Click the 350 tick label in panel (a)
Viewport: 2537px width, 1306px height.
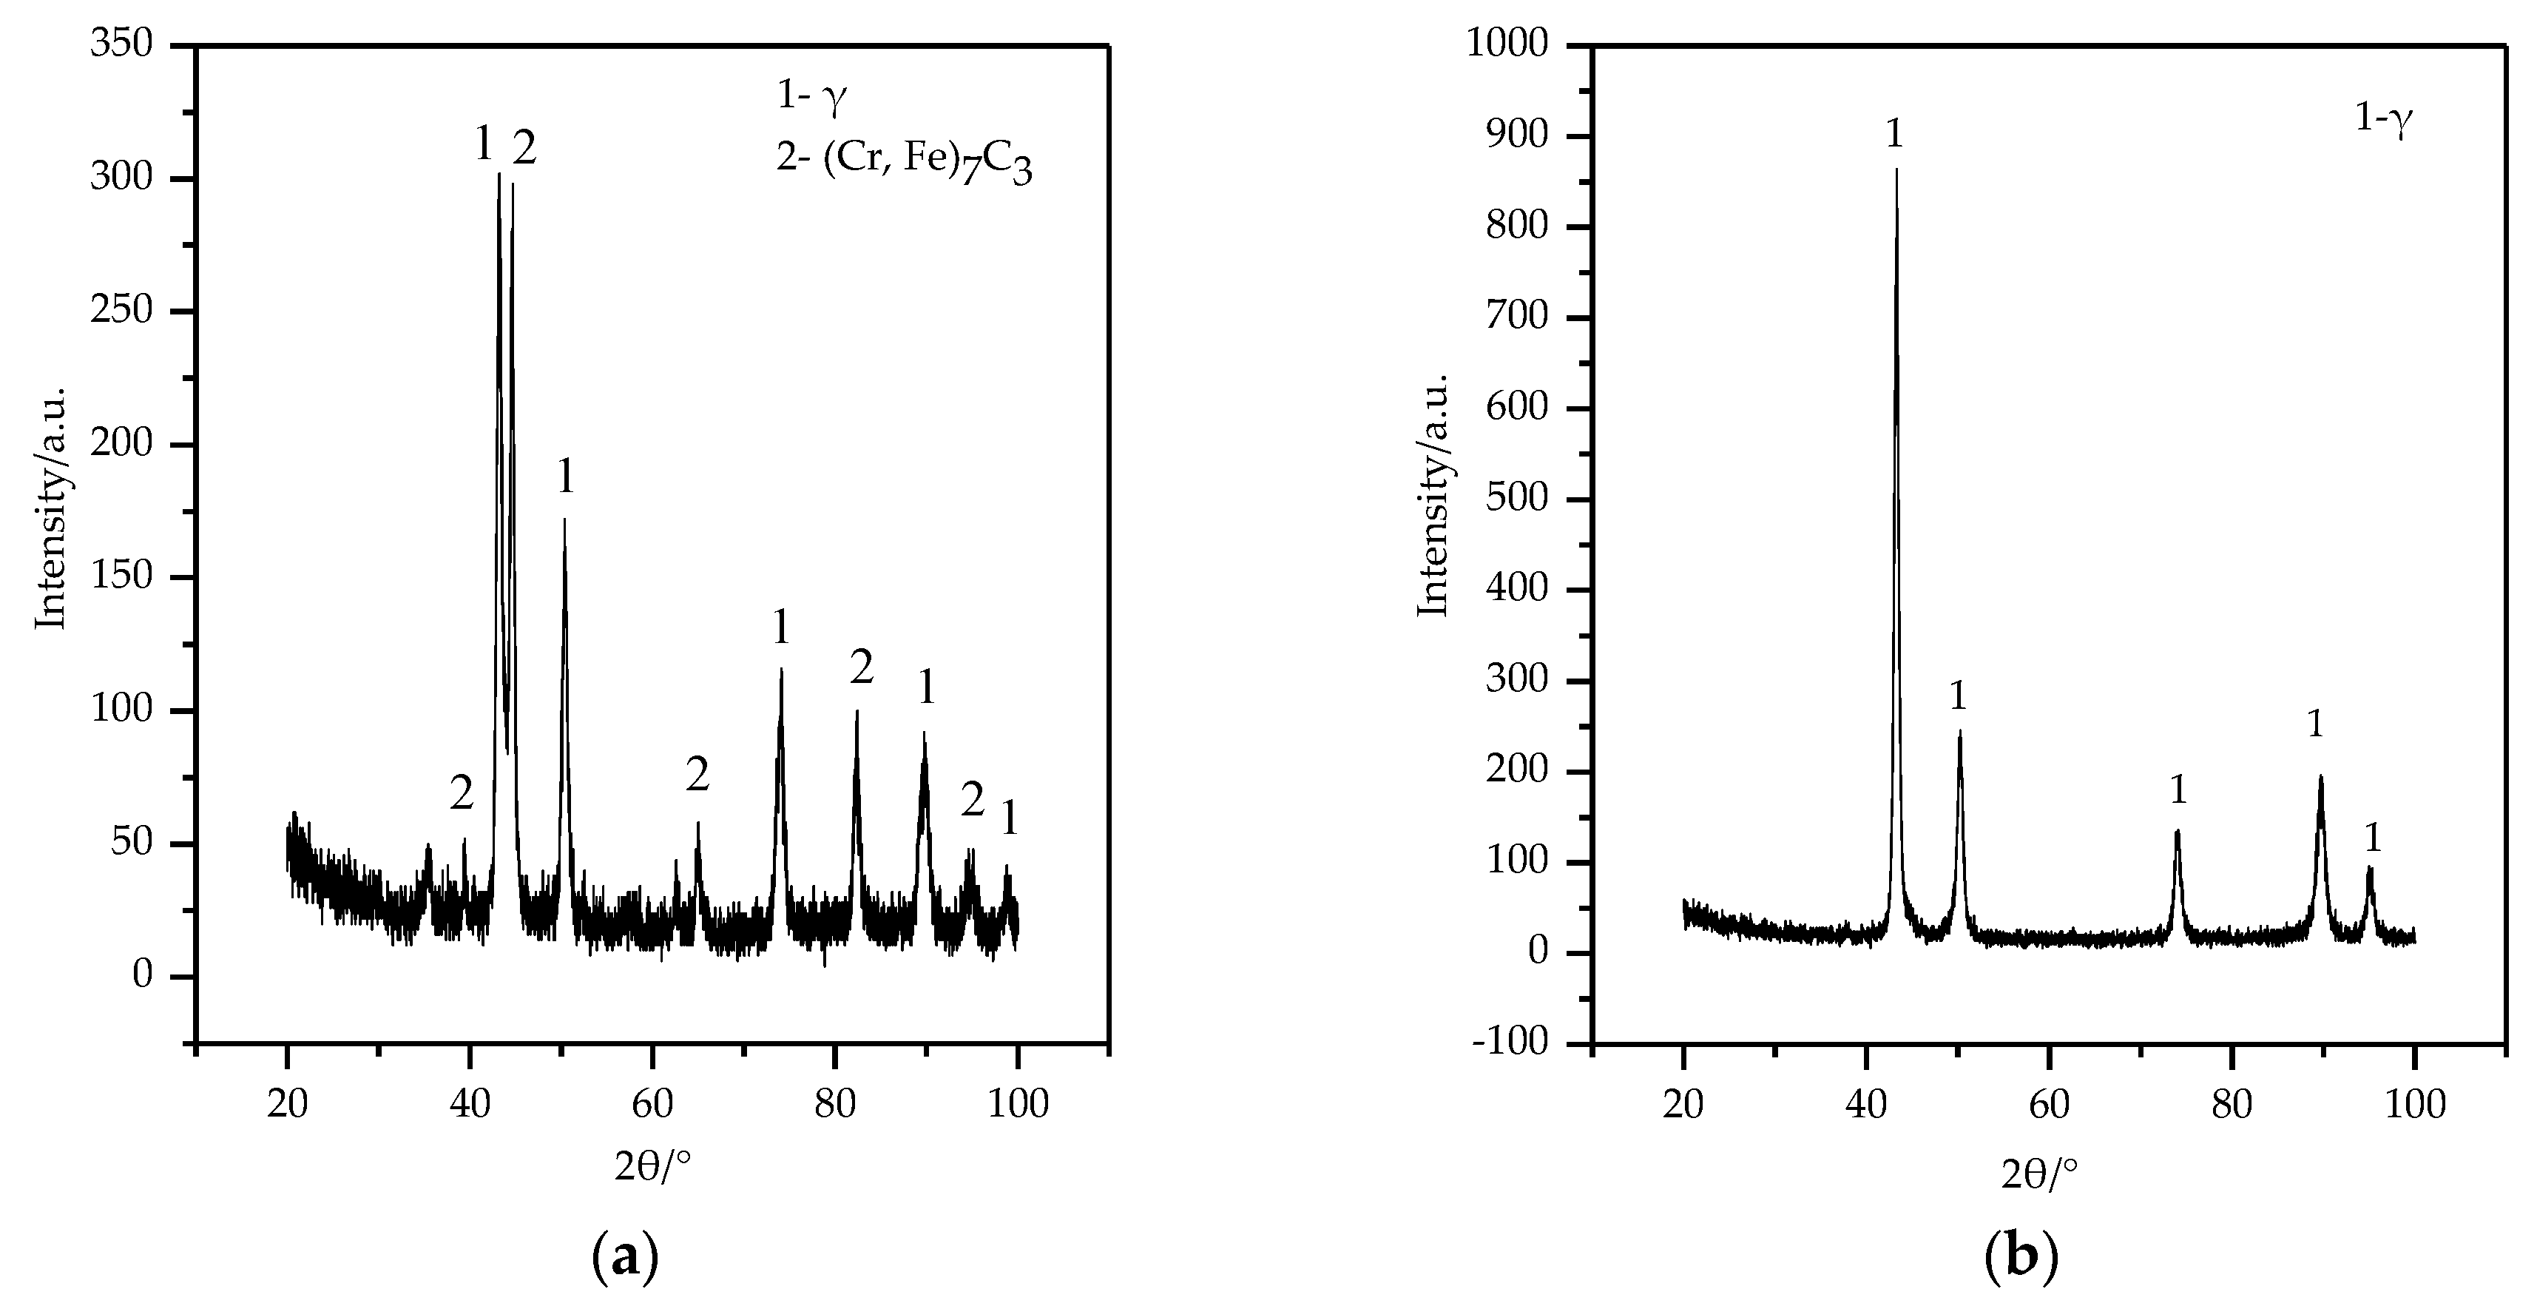(x=123, y=45)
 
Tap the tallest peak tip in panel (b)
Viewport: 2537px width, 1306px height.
(x=1896, y=169)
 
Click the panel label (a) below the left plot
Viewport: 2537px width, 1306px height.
(x=624, y=1258)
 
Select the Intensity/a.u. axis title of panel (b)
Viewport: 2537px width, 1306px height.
(x=1434, y=494)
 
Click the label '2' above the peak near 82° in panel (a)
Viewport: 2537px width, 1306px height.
(x=861, y=670)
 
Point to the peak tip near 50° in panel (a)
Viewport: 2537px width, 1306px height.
(x=564, y=519)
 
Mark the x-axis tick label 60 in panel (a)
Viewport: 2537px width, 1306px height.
(x=652, y=1104)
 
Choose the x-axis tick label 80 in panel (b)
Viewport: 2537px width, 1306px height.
(x=2232, y=1104)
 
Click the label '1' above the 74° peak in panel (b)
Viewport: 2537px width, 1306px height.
(x=2178, y=790)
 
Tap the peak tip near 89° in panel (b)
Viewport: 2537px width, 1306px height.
(x=2320, y=777)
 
